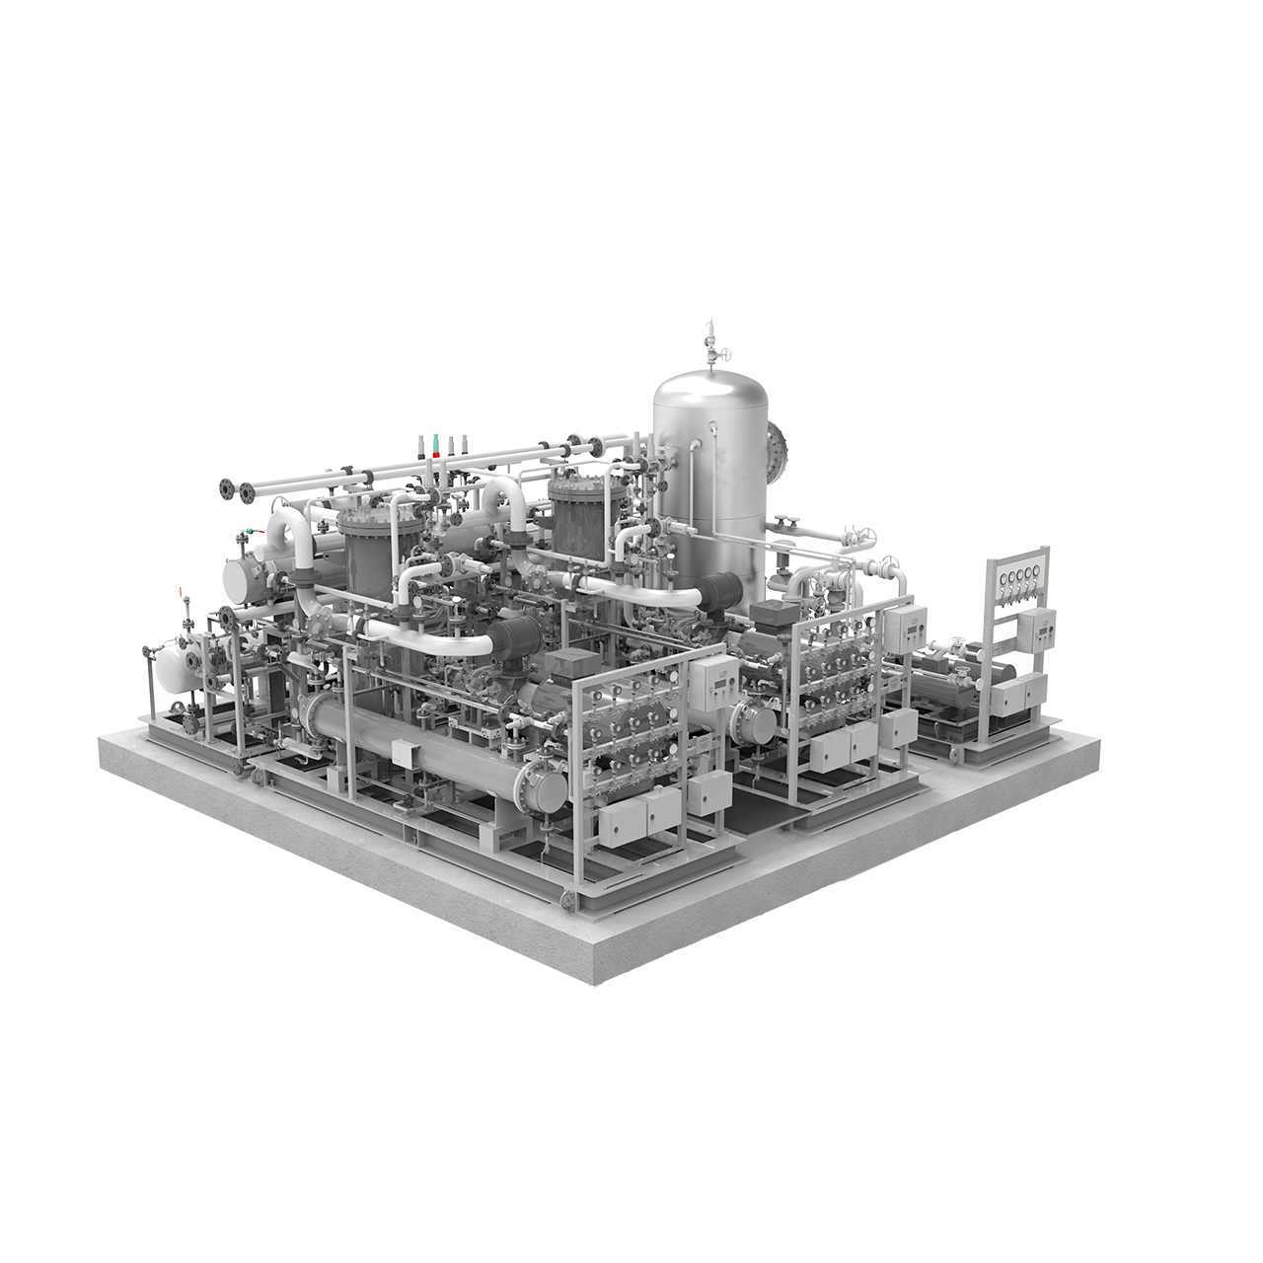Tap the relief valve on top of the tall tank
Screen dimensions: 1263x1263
pyautogui.click(x=707, y=340)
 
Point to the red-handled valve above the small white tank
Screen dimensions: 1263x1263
pyautogui.click(x=182, y=596)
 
